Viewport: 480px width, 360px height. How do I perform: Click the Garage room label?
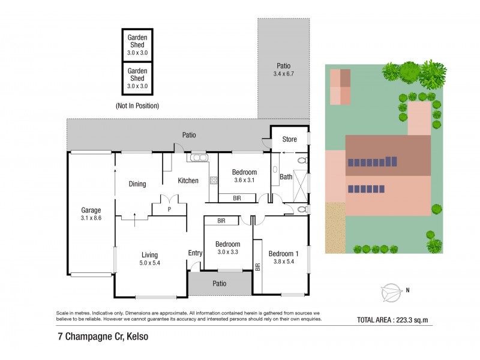click(x=91, y=210)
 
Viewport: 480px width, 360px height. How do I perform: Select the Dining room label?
click(x=137, y=184)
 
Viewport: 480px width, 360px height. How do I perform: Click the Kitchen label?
click(x=188, y=181)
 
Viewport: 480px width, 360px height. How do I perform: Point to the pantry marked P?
click(x=169, y=209)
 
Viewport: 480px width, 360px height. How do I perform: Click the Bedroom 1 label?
click(x=283, y=253)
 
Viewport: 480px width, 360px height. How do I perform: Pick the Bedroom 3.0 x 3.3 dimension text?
click(x=228, y=253)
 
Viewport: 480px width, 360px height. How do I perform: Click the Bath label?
click(x=286, y=177)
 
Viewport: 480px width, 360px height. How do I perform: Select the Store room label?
click(x=290, y=140)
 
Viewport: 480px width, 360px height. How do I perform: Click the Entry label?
click(x=195, y=253)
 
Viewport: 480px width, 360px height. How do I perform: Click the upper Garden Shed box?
click(x=137, y=44)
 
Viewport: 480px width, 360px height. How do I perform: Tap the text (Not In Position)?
click(x=137, y=106)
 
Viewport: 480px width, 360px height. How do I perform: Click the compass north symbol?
click(x=391, y=292)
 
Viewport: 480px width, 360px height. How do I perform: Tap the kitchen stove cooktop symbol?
click(x=213, y=180)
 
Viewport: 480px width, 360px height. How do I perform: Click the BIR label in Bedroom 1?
click(x=258, y=266)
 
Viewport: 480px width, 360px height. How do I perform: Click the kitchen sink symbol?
click(x=197, y=158)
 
